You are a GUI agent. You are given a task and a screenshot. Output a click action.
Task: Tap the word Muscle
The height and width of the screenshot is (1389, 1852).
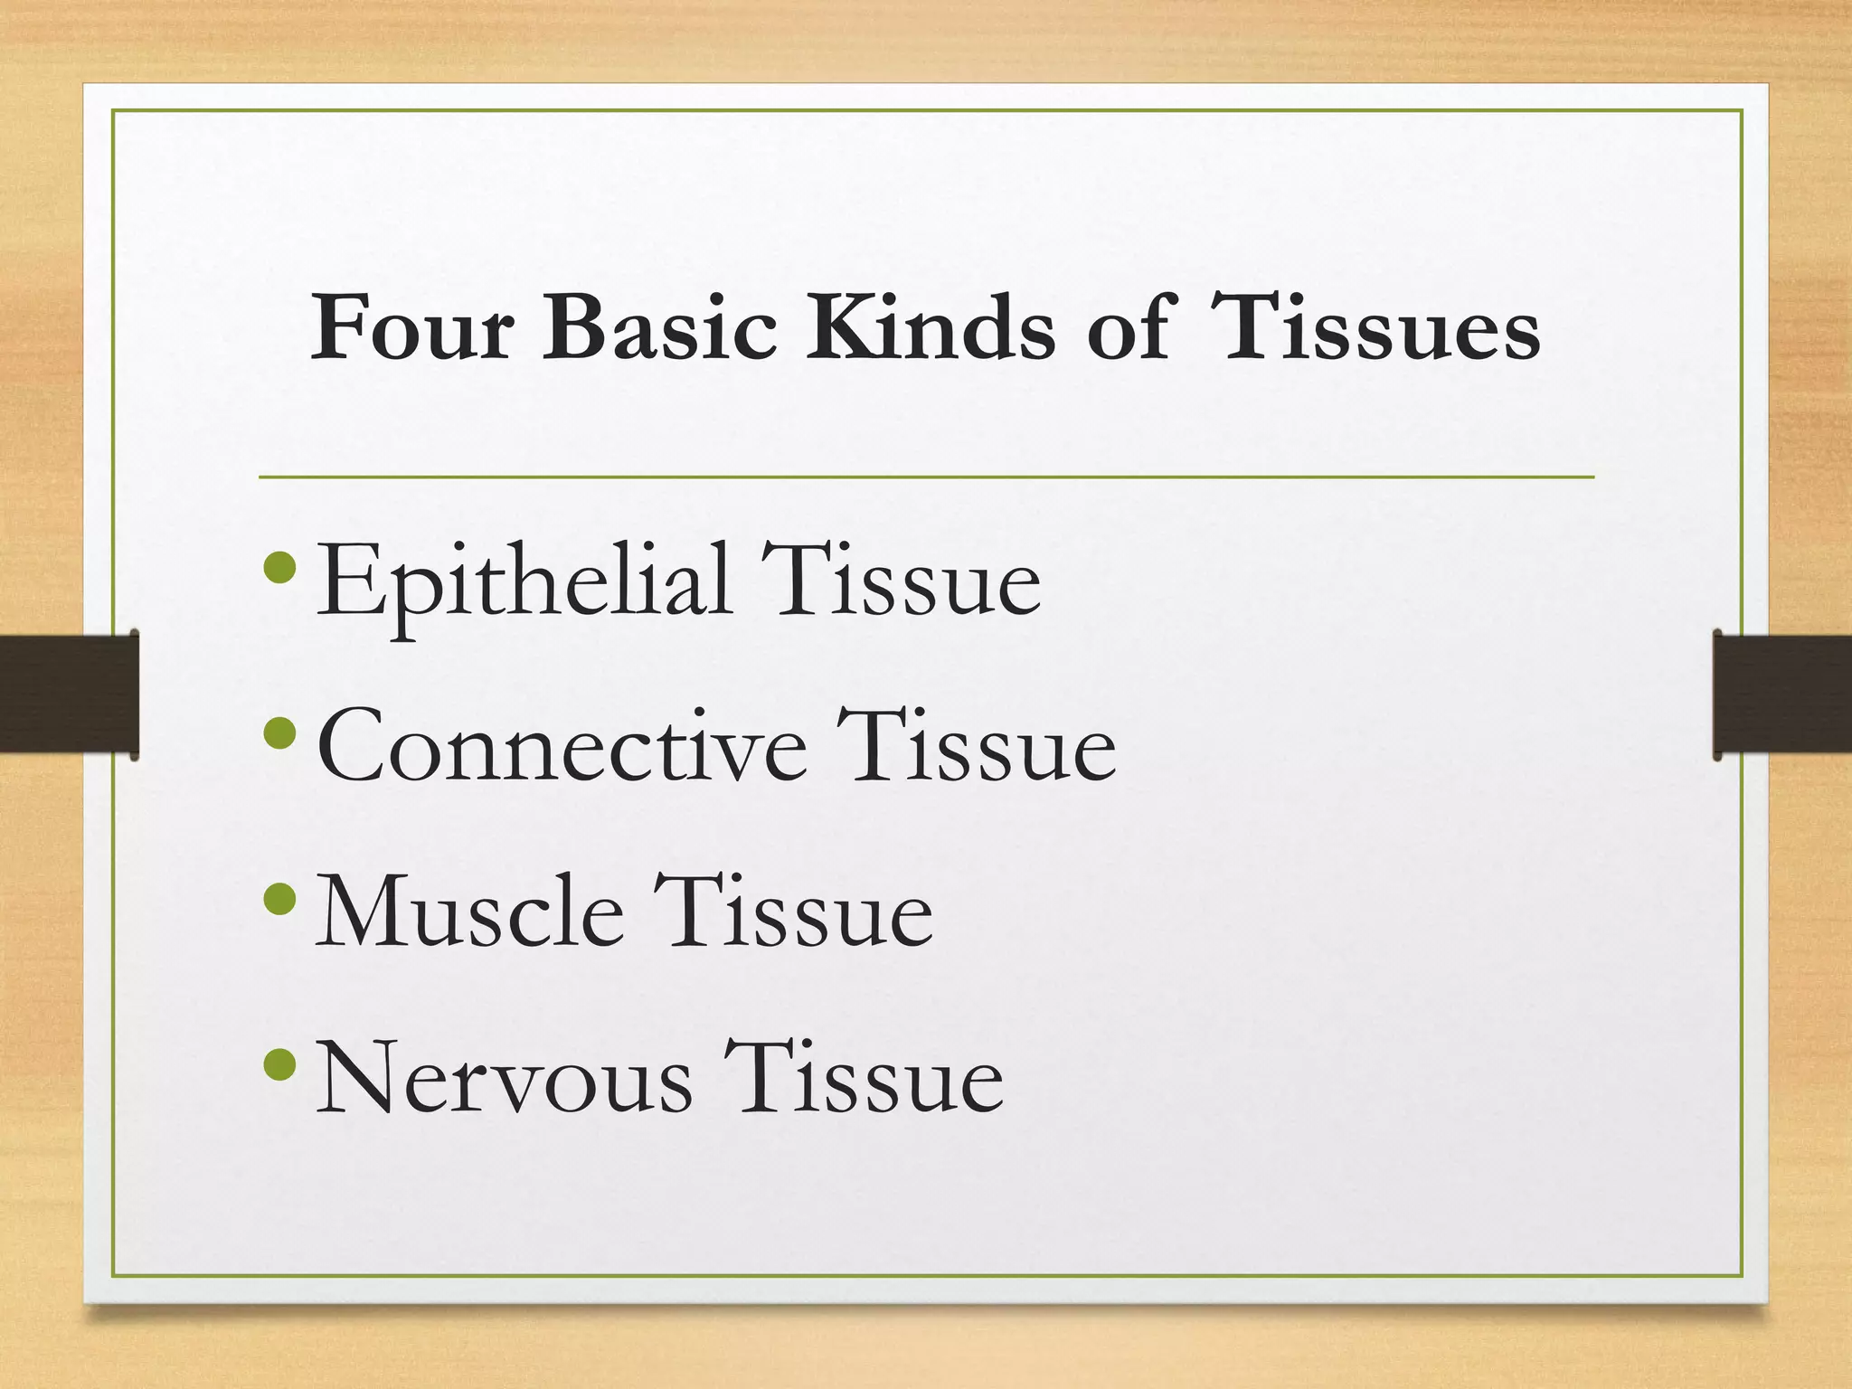469,913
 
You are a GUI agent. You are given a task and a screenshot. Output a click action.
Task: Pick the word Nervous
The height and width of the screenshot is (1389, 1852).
504,1079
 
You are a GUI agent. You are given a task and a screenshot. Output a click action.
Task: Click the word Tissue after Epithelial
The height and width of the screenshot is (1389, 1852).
901,580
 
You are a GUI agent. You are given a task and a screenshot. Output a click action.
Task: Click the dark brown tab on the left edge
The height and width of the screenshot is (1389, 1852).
69,694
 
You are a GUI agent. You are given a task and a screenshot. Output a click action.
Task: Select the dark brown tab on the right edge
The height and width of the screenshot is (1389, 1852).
1782,694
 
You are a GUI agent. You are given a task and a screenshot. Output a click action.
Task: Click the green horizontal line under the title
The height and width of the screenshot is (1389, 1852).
926,477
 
